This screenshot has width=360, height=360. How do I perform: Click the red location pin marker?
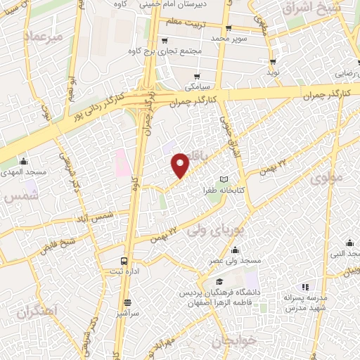[x=181, y=165]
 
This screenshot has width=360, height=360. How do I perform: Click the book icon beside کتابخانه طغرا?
[x=224, y=179]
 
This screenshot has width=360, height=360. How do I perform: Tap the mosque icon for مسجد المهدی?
[x=24, y=161]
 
